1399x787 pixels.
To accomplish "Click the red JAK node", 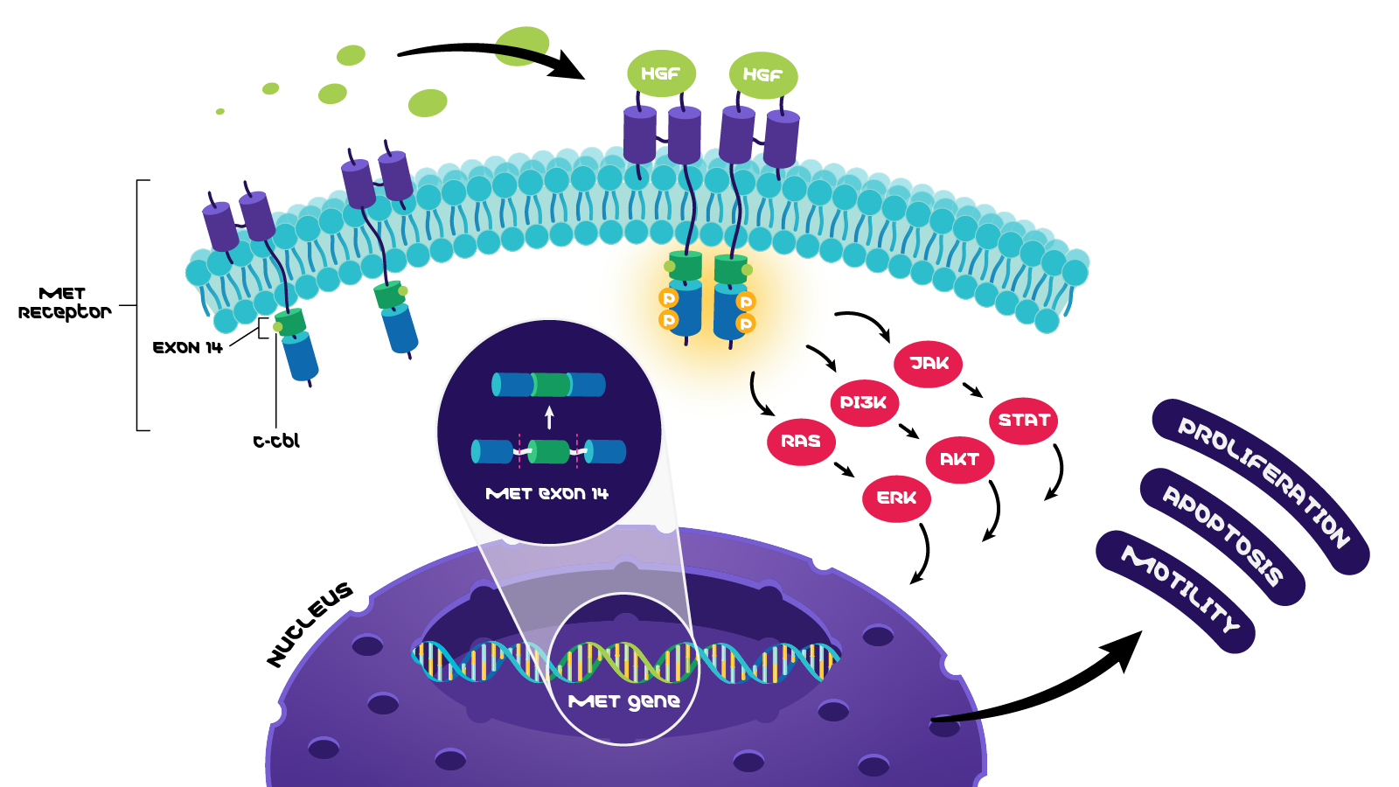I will (x=928, y=364).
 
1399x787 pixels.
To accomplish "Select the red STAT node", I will (x=1023, y=421).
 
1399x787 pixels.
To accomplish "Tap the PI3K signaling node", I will (x=863, y=403).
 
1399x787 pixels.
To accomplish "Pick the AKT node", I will (x=959, y=460).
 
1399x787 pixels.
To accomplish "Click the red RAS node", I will (x=801, y=442).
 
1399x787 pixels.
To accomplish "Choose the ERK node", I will (x=896, y=498).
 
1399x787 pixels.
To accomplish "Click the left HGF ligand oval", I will (x=661, y=74).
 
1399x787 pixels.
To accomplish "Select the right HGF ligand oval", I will (x=762, y=75).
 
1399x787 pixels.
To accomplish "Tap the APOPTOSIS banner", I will (x=1222, y=535).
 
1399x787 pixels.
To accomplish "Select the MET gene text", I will (x=623, y=701).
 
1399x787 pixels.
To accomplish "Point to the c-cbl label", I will (x=276, y=442).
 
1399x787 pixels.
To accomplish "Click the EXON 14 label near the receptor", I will (x=187, y=348).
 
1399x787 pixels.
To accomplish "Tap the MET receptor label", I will (x=64, y=303).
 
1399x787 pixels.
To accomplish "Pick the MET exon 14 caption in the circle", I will (x=546, y=494).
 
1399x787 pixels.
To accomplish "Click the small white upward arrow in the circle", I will (x=549, y=417).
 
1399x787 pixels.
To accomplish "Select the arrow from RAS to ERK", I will (x=844, y=470).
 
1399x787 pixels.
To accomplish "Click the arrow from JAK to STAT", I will (x=972, y=390).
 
